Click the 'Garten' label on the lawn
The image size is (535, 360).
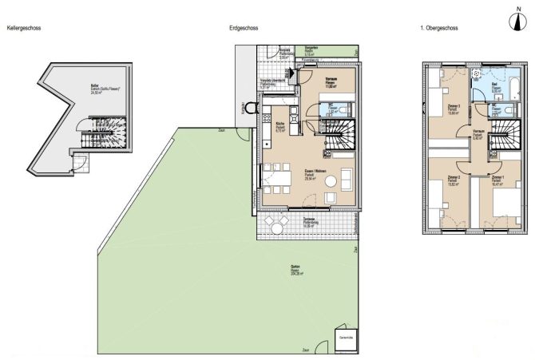295,268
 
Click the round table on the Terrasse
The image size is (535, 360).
277,228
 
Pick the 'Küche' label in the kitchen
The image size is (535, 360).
281,125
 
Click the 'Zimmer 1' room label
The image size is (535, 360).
497,178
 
